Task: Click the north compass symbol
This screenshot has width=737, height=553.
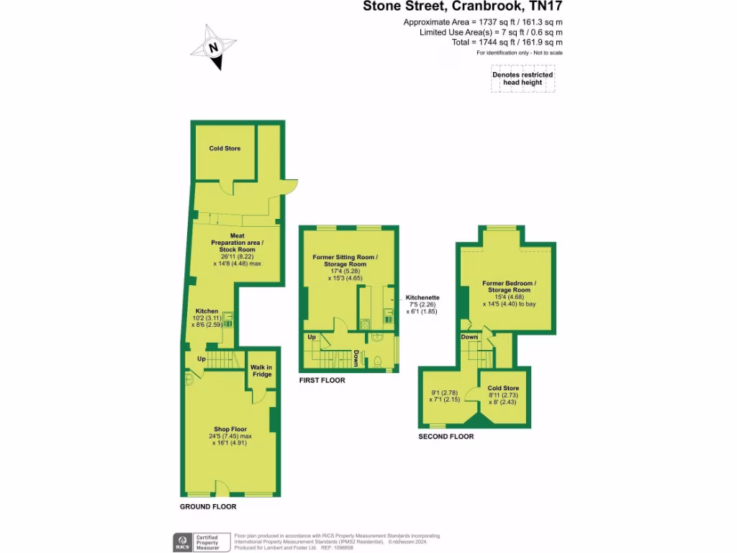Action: (212, 48)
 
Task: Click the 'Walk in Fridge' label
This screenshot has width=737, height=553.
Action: (261, 371)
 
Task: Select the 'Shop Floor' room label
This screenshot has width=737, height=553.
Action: (230, 429)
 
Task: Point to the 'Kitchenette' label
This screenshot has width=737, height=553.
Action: (422, 297)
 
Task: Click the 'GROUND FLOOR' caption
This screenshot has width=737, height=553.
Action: (208, 507)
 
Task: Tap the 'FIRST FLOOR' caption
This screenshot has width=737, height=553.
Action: (322, 380)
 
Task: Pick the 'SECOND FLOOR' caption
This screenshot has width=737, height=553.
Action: (446, 436)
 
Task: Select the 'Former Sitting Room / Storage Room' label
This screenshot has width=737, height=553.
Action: (345, 261)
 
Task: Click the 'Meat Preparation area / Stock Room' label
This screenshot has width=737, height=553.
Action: (237, 243)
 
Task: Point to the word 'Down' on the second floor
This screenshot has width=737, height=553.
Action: (469, 337)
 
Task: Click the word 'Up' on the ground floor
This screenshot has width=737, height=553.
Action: (202, 358)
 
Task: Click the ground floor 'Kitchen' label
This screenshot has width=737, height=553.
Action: (207, 311)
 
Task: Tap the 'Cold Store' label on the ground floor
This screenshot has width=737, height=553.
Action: (225, 148)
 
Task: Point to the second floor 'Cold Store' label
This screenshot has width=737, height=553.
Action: (503, 388)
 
